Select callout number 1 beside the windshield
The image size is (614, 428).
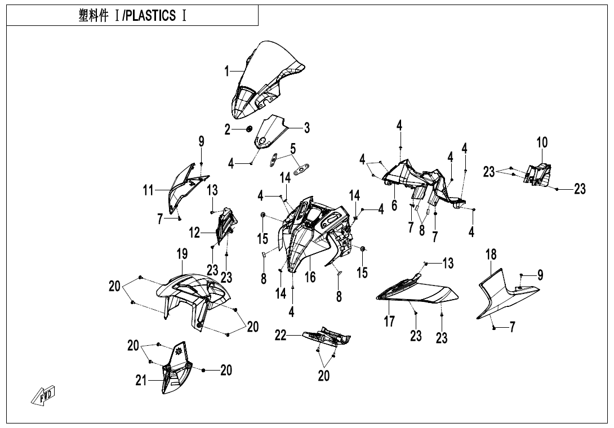click(x=227, y=71)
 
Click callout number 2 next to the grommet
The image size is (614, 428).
click(x=228, y=130)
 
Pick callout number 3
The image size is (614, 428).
click(x=306, y=128)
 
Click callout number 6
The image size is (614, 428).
click(x=394, y=205)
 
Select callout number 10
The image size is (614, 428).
click(x=541, y=142)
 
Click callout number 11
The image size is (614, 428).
click(x=148, y=191)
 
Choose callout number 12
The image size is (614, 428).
click(x=194, y=231)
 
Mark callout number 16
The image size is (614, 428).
click(x=310, y=277)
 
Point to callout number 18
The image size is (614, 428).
click(x=491, y=255)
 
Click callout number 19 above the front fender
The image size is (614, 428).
click(x=182, y=255)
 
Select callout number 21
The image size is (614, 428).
click(x=141, y=381)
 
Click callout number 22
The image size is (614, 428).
click(x=281, y=336)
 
